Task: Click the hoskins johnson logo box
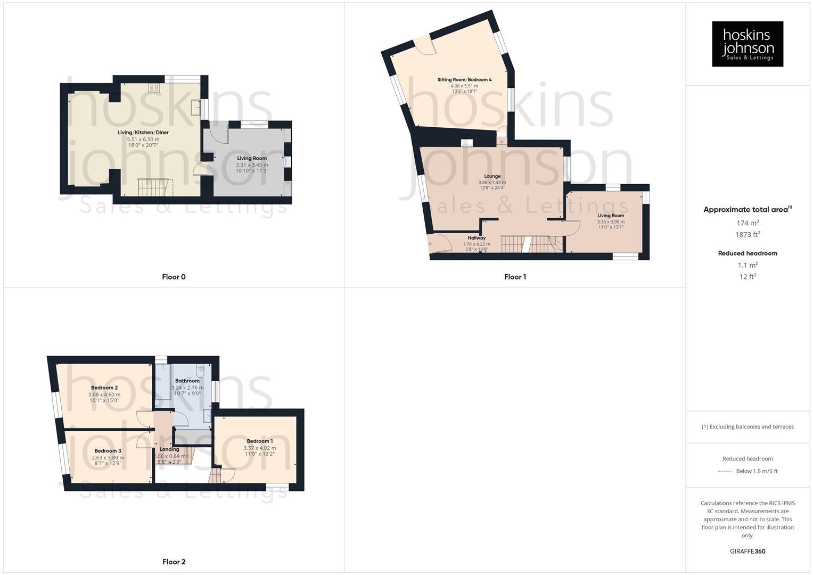pos(747,44)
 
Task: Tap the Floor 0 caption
pos(174,277)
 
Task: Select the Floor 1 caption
pos(515,277)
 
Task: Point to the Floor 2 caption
pos(174,562)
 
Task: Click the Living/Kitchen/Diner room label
pos(143,133)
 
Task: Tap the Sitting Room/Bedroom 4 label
pos(464,80)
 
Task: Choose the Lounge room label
pos(492,176)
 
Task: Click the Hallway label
pos(477,238)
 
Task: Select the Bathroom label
pos(187,381)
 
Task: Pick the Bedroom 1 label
pos(260,441)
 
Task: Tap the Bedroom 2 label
pos(104,388)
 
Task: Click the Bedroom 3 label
pos(108,451)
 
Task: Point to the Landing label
pos(169,449)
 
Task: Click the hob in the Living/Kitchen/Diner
pos(154,88)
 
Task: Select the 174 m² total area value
pos(748,223)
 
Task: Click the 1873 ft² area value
pos(748,235)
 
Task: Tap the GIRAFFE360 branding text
pos(748,552)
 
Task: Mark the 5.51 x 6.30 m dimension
pos(143,139)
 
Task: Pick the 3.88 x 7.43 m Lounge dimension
pos(492,183)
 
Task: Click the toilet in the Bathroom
pos(200,369)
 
